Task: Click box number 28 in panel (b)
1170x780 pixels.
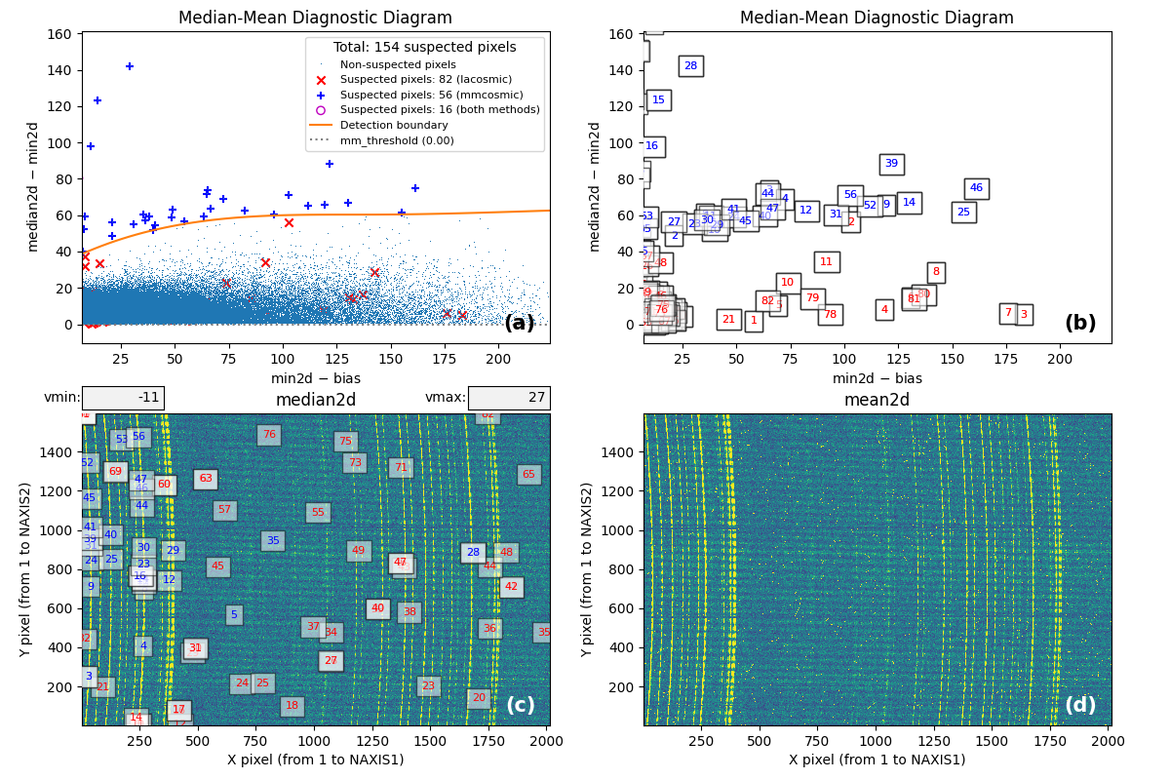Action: click(x=690, y=66)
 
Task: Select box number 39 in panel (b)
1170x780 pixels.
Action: click(x=891, y=164)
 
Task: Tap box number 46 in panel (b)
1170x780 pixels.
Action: click(x=976, y=188)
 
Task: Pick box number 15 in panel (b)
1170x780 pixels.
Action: click(x=658, y=100)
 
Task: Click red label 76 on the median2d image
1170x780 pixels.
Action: click(x=269, y=435)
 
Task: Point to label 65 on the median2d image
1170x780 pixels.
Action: click(x=528, y=475)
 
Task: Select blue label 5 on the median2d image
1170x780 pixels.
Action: click(x=234, y=614)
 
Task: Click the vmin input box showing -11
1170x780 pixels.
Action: click(x=123, y=398)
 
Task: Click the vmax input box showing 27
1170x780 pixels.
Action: click(x=508, y=398)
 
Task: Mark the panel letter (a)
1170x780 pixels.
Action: click(x=519, y=324)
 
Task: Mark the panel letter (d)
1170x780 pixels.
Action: click(x=1080, y=705)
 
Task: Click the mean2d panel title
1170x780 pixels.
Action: click(x=877, y=400)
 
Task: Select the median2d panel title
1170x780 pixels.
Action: click(x=315, y=400)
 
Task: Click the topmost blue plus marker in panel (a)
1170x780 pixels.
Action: click(x=130, y=66)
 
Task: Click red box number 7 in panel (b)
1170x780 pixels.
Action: click(x=1008, y=313)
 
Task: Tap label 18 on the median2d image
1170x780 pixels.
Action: click(x=292, y=706)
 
